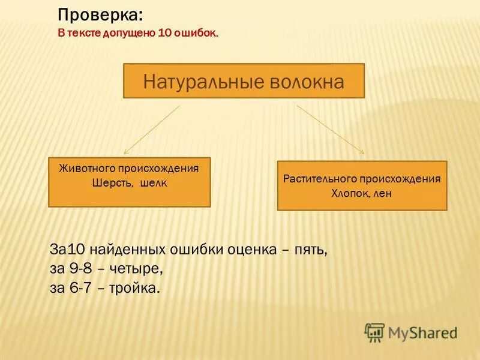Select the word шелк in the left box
coord(153,184)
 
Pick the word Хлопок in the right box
coord(349,193)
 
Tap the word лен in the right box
coord(382,193)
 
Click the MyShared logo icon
coord(374,332)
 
